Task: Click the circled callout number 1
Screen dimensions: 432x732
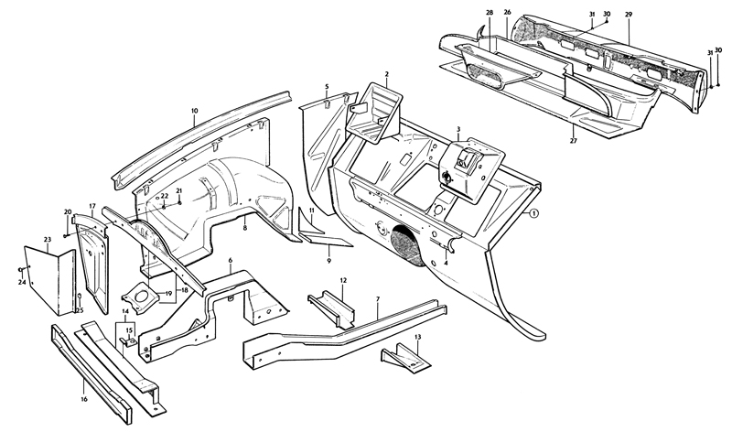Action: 534,212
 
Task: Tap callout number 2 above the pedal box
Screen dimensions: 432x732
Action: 387,73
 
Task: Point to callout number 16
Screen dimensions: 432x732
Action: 83,399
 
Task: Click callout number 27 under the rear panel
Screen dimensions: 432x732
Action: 574,141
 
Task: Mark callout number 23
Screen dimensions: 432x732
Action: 47,240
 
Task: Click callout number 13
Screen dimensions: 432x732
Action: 417,337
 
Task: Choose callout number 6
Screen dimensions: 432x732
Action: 231,262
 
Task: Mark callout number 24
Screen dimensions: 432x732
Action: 21,281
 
